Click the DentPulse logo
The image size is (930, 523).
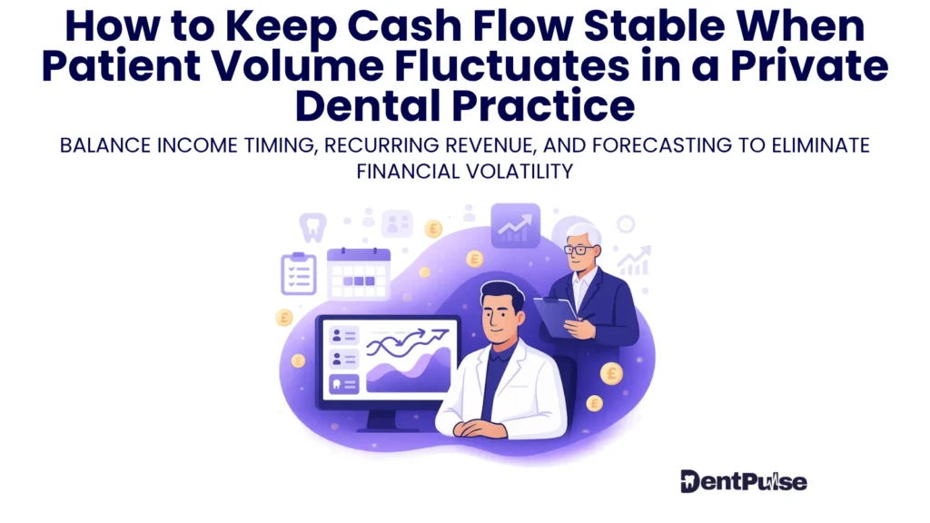pos(743,481)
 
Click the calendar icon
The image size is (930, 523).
pos(358,274)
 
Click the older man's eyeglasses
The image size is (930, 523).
pos(579,249)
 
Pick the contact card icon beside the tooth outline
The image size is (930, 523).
pos(397,222)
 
